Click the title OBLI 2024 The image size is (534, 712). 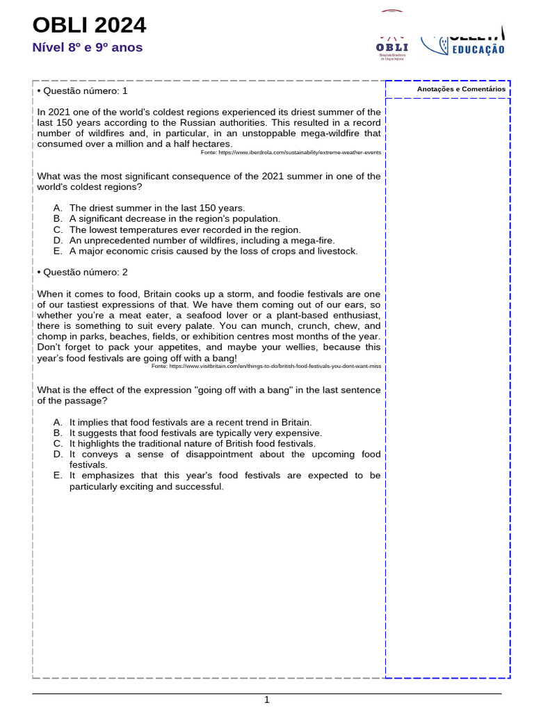click(x=90, y=26)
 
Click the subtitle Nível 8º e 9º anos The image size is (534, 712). click(x=88, y=47)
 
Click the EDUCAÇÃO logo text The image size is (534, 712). click(x=478, y=49)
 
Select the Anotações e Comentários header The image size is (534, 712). click(x=461, y=89)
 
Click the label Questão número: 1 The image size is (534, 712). click(x=82, y=91)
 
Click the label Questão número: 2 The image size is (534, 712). click(x=82, y=272)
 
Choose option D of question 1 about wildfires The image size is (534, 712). click(x=202, y=241)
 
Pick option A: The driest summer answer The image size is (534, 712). click(x=157, y=208)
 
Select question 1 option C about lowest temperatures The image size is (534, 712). click(x=185, y=229)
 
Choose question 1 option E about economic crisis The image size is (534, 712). click(x=213, y=251)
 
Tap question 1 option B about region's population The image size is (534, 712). click(x=175, y=218)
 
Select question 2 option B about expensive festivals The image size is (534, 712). click(x=195, y=432)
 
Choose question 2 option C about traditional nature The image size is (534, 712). click(x=192, y=443)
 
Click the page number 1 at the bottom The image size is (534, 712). click(x=266, y=699)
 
